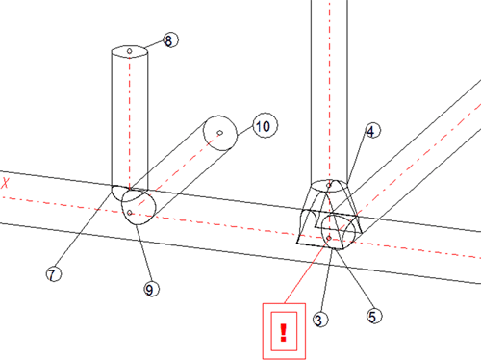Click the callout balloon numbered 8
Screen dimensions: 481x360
[170, 40]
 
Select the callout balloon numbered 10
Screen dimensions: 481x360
[266, 125]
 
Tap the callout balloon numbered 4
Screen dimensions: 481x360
[372, 131]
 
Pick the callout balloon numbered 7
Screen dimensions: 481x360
[54, 274]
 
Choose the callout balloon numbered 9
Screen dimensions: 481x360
[151, 289]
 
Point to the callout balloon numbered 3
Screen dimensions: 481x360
[320, 320]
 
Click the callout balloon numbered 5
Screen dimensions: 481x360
[374, 316]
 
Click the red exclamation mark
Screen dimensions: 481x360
[283, 333]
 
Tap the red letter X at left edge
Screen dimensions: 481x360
[5, 183]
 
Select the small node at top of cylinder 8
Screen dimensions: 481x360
[129, 51]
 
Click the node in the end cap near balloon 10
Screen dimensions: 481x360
[220, 133]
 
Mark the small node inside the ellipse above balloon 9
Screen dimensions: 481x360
[130, 213]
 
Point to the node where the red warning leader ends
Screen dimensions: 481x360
[329, 238]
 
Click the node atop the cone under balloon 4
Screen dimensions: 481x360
[329, 185]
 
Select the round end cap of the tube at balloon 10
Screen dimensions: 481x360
[220, 133]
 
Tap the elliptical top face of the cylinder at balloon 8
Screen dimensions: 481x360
[130, 52]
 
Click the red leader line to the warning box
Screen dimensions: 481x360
[306, 271]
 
